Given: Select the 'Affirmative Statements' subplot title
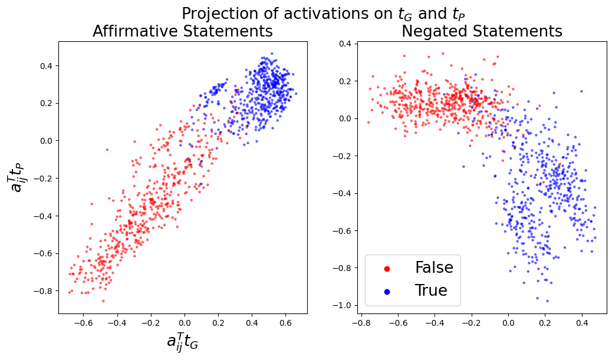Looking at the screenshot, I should (x=183, y=32).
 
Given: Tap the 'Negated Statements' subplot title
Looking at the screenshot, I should (x=482, y=32).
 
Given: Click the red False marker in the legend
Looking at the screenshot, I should (x=387, y=269).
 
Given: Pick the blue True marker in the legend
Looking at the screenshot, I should (x=387, y=291).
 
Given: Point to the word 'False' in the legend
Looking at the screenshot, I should (x=434, y=268).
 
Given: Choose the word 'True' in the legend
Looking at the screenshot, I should (x=431, y=290).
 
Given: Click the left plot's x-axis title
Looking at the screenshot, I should (x=183, y=342).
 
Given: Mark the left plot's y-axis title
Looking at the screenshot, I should (x=18, y=177).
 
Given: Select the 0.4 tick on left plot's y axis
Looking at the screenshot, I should (x=47, y=65).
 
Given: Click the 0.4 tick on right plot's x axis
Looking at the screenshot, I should (x=582, y=322).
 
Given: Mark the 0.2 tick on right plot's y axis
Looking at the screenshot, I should (x=344, y=81).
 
